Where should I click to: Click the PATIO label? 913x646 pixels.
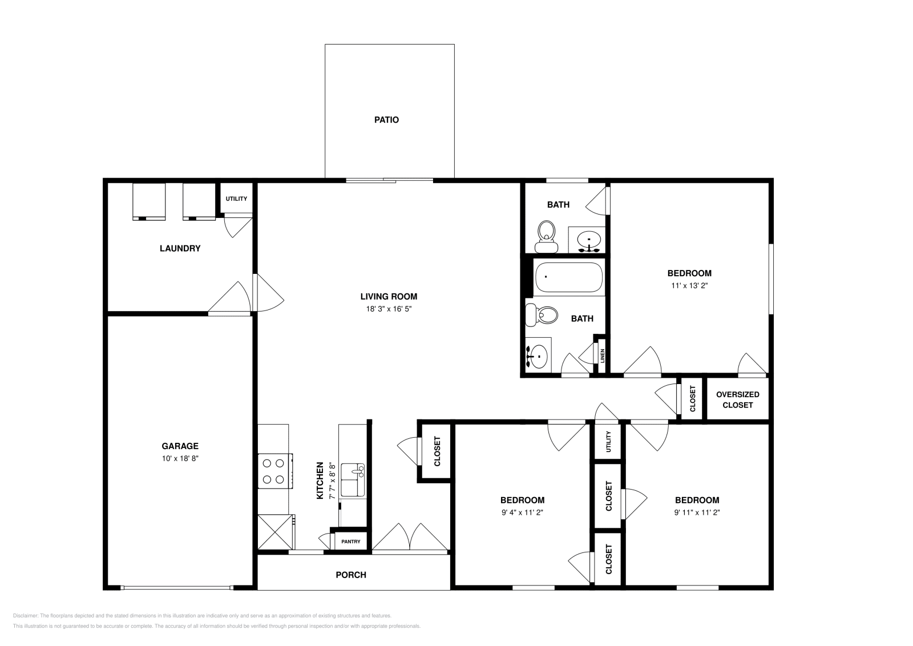coord(386,120)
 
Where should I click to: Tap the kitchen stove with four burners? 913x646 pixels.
coord(274,471)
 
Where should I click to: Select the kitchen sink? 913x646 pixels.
coord(353,480)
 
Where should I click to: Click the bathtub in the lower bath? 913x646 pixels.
coord(568,276)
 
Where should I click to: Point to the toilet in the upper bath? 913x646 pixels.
coord(546,235)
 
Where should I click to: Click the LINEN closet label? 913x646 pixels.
coord(602,356)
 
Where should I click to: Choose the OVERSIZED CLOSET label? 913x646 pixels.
coord(737,399)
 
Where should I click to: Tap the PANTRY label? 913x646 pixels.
coord(350,542)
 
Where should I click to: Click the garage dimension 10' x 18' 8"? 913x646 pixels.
coord(180,458)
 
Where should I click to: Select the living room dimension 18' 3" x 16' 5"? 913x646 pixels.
coord(389,309)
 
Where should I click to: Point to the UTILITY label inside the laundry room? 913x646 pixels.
coord(236,199)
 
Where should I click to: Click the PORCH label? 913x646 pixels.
coord(351,575)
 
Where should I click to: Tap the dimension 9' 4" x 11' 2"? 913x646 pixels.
coord(522,512)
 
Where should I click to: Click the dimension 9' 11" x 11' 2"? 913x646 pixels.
coord(697,512)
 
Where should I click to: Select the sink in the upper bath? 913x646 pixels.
coord(588,239)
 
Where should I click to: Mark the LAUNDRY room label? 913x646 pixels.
coord(180,248)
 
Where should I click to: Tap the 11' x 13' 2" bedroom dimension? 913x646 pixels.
coord(689,285)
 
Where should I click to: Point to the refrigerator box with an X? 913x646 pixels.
coord(275,532)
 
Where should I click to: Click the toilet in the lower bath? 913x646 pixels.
coord(543,314)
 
